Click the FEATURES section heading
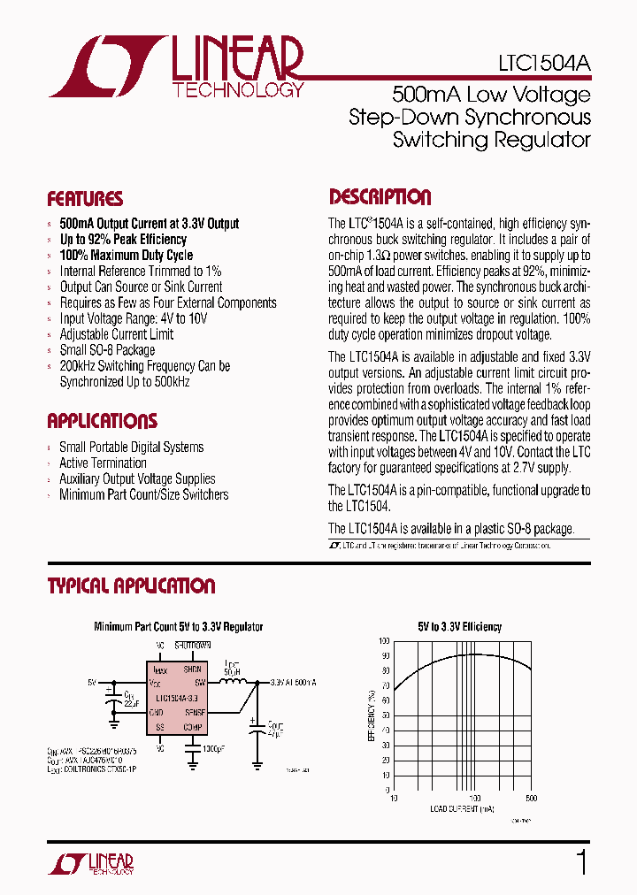tap(85, 199)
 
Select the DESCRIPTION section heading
tap(380, 197)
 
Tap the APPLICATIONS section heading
tap(102, 421)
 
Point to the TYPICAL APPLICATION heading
tap(131, 586)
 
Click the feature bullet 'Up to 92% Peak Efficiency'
tap(123, 239)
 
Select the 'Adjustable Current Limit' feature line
tap(116, 334)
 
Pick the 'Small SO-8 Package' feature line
tap(107, 350)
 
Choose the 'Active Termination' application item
tap(103, 463)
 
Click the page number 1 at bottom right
tap(581, 861)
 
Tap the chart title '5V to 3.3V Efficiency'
tap(459, 627)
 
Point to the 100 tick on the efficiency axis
tap(383, 640)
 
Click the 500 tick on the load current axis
tap(531, 798)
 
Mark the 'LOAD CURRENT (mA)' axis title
tap(460, 809)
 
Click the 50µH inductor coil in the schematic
tap(233, 683)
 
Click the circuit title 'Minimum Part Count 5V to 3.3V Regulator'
tap(179, 627)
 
